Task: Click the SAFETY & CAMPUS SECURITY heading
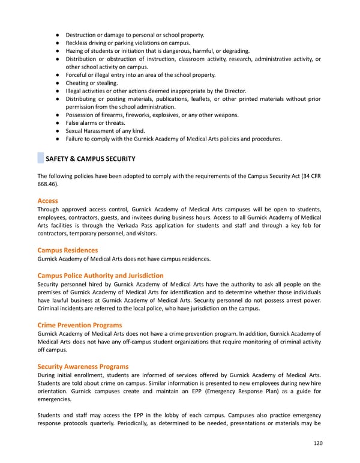pos(91,159)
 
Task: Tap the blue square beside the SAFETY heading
pos(40,159)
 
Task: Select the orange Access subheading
pos(48,200)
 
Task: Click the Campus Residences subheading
pos(67,250)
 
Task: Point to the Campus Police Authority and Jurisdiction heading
pos(100,276)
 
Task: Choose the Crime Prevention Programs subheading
pos(79,325)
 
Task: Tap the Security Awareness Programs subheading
pos(83,366)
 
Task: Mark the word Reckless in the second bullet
pos(79,43)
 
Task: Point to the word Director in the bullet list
pos(234,91)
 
